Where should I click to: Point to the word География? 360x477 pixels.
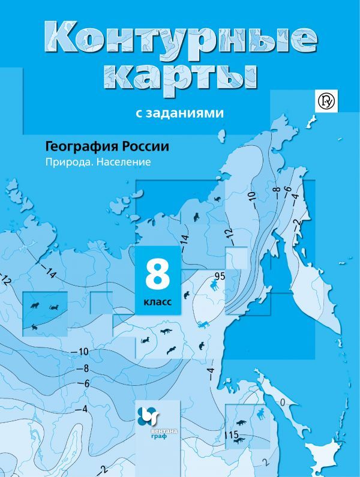pos(77,146)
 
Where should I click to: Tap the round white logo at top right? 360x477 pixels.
pos(327,100)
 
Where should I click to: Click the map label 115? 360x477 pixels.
pos(232,434)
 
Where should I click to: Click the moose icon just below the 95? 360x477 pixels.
pos(214,286)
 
